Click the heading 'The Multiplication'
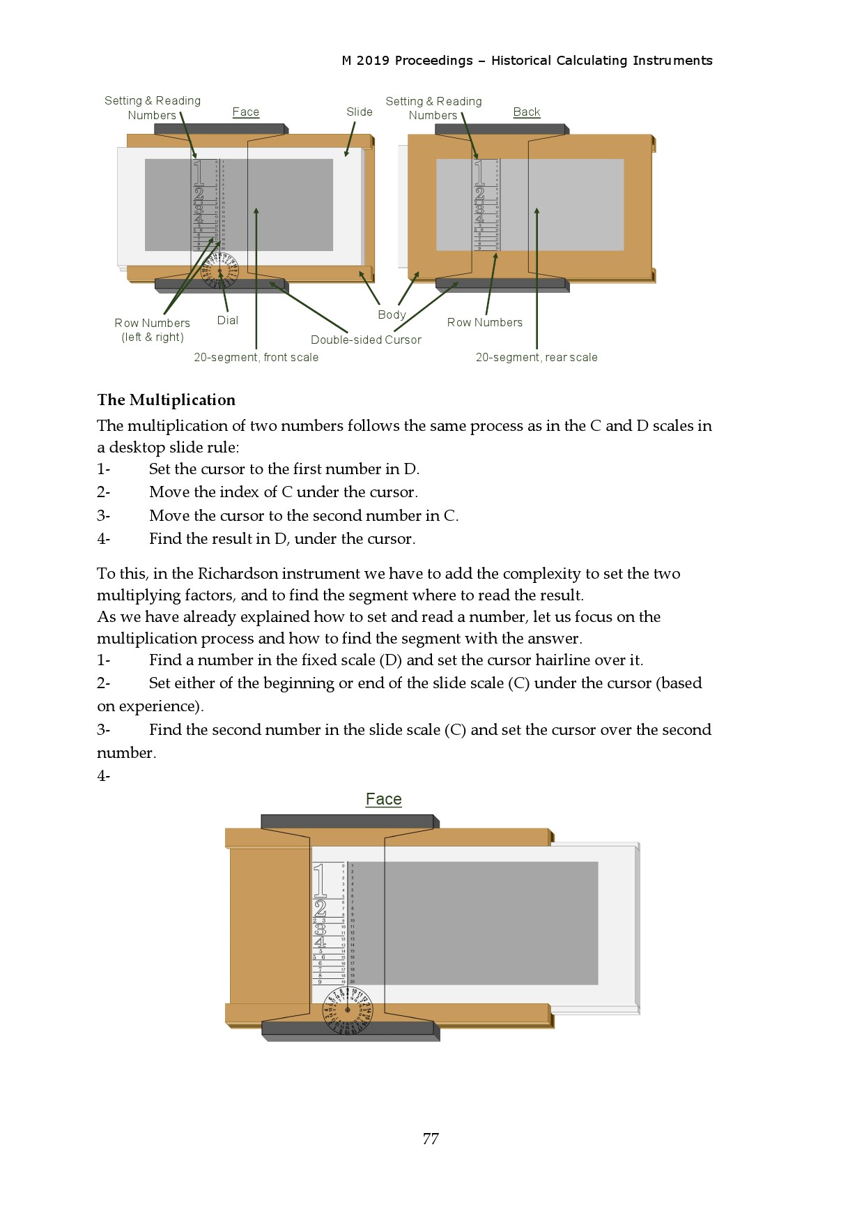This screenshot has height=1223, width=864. pos(166,400)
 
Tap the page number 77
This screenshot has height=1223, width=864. pos(431,1139)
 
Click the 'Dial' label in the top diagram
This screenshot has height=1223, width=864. pos(227,321)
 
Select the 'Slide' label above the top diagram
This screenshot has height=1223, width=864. pos(359,112)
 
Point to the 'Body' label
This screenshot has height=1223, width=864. pos(392,315)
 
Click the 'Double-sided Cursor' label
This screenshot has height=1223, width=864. pos(366,340)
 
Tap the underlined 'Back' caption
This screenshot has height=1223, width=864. pos(526,112)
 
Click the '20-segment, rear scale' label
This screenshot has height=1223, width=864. pos(536,358)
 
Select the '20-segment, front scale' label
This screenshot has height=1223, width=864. pos(256,358)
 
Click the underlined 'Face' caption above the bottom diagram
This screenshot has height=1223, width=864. pos(383,800)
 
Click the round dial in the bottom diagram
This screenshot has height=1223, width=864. pos(348,1010)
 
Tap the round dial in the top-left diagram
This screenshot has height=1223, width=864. pos(219,271)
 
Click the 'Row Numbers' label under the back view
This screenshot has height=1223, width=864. pos(484,323)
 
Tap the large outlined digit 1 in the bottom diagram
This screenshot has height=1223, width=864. pos(320,880)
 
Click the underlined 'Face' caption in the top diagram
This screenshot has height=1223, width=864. pos(245,112)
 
